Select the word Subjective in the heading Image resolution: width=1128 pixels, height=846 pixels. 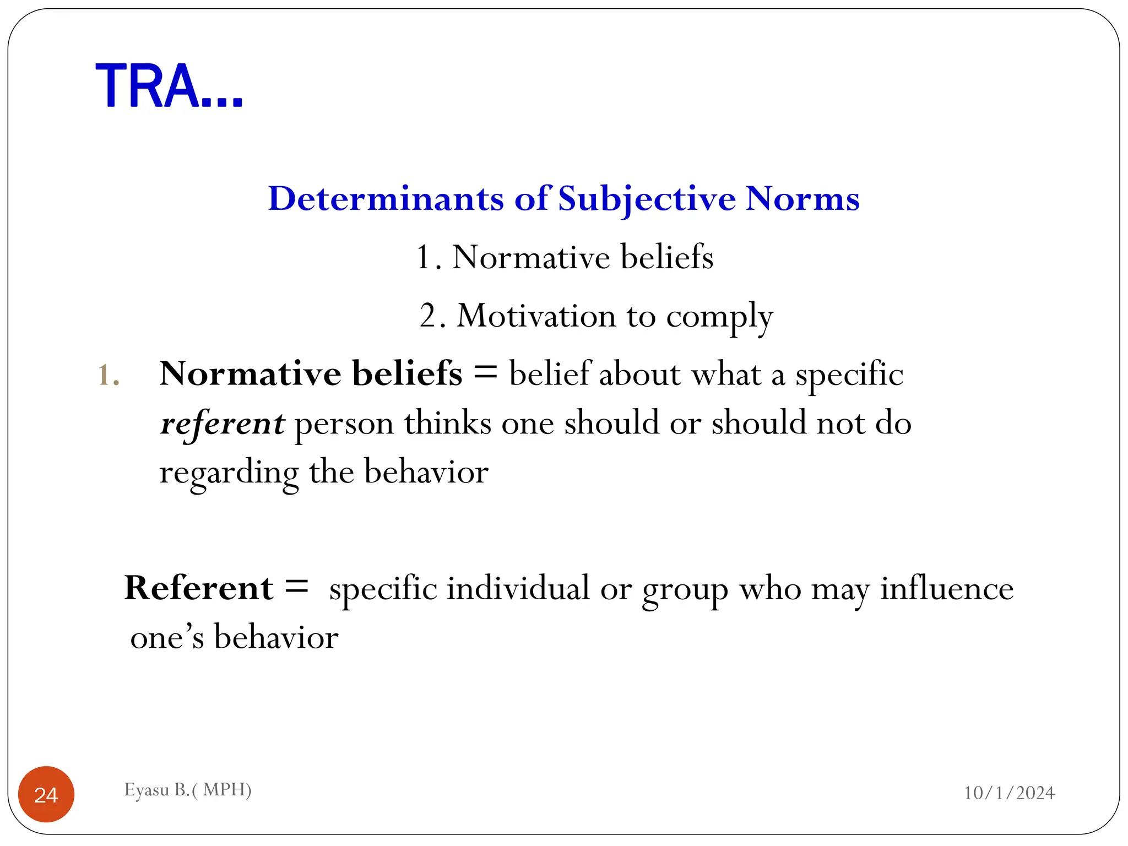click(x=647, y=199)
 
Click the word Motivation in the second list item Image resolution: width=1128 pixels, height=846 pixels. click(x=536, y=316)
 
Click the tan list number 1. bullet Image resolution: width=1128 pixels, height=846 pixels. click(x=109, y=376)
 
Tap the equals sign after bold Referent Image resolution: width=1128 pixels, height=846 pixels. click(x=297, y=587)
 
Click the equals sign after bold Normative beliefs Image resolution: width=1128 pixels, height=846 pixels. click(x=485, y=373)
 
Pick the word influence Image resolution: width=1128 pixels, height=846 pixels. click(x=946, y=588)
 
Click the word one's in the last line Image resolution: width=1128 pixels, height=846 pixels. click(x=167, y=638)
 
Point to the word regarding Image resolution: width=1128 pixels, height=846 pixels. click(x=229, y=473)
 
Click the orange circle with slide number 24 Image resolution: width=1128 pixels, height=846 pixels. click(x=46, y=794)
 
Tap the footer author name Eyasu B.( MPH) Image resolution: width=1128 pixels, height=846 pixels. click(x=188, y=790)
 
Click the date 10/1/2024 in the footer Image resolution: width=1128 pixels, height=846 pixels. click(x=1009, y=793)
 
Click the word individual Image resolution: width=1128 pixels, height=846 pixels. click(x=518, y=588)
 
